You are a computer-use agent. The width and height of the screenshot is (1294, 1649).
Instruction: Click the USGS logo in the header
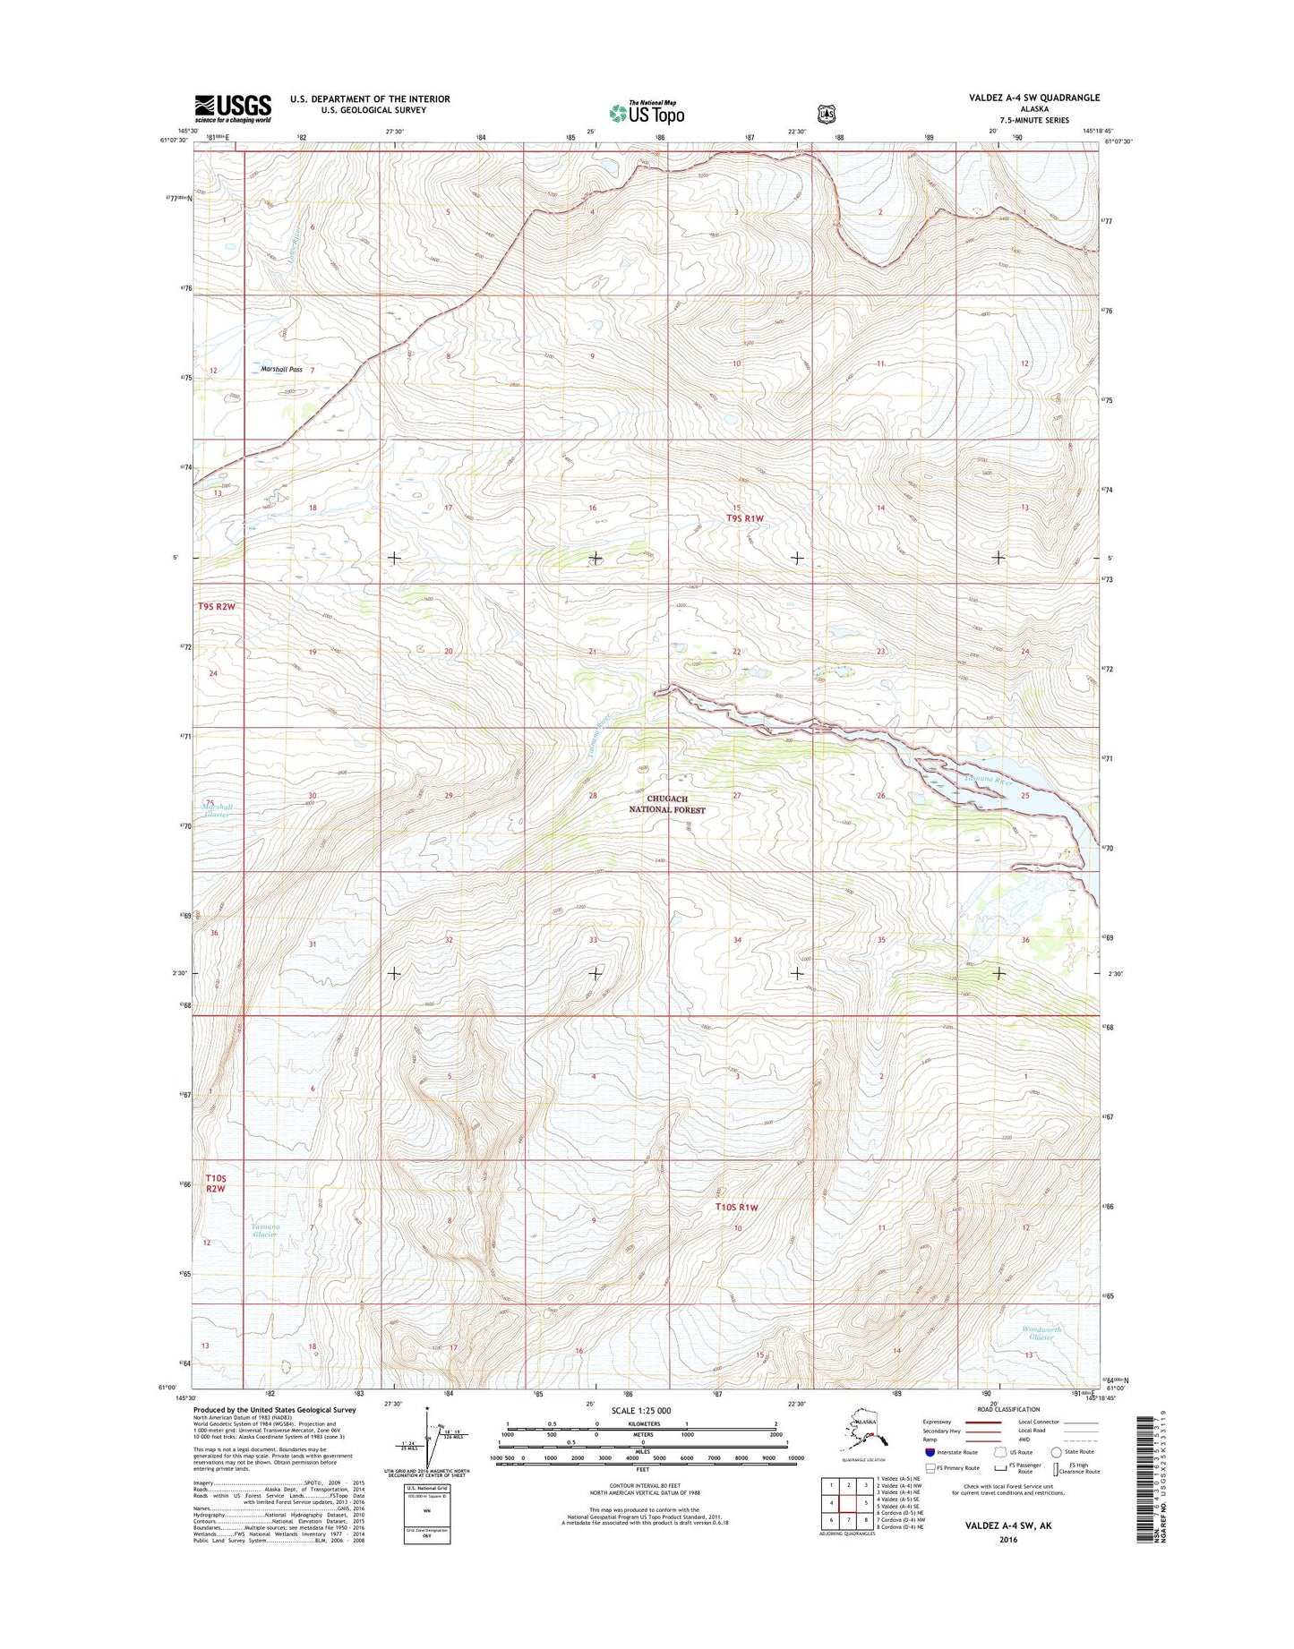click(x=232, y=108)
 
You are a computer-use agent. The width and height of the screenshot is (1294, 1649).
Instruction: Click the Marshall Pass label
click(x=282, y=369)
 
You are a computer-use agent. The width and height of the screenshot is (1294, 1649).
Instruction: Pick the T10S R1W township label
click(x=737, y=1207)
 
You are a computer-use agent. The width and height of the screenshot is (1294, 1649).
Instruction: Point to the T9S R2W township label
click(x=217, y=606)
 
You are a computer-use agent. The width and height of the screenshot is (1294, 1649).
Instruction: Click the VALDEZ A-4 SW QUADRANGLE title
click(x=1040, y=98)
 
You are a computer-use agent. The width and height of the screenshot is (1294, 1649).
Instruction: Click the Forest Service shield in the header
click(x=827, y=114)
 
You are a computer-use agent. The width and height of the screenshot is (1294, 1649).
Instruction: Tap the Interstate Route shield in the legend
click(x=930, y=1452)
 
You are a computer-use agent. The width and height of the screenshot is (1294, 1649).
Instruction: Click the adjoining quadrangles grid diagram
click(x=848, y=1502)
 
